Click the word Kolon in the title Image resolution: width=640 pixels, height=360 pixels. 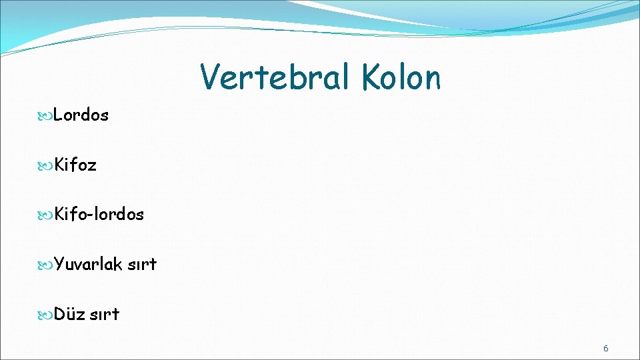pos(402,77)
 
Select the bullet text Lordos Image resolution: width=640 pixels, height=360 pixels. pos(81,115)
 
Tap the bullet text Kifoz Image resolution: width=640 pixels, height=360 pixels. pos(75,165)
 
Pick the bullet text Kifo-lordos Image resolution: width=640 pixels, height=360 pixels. pos(99,214)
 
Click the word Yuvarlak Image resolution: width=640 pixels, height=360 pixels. pos(88,265)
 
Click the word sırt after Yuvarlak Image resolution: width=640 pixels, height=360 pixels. pos(142,265)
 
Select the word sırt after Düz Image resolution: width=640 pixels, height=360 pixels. pos(105,314)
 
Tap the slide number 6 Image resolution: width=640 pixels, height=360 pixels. pos(606,348)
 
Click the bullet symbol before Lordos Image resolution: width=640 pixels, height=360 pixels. pos(47,116)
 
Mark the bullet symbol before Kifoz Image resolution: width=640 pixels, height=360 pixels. pos(47,165)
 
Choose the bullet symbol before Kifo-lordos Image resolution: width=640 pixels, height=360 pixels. pos(47,215)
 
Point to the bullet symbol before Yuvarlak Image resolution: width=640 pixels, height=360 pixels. pos(47,265)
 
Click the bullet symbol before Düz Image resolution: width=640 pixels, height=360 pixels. pos(47,315)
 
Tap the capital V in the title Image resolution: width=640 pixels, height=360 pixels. pos(211,77)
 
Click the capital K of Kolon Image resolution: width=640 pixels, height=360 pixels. pos(372,77)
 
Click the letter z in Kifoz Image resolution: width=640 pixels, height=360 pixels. pos(92,166)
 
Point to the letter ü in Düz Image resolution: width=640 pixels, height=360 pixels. pos(72,315)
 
